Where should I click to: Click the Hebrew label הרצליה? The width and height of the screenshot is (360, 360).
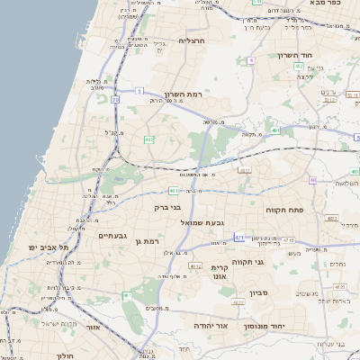(x=193, y=40)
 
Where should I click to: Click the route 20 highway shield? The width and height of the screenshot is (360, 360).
(x=115, y=100)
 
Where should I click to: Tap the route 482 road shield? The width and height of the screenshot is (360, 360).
(x=149, y=139)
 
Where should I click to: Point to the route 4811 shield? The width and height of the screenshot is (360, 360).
(x=245, y=168)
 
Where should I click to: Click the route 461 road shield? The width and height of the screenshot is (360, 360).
(x=127, y=294)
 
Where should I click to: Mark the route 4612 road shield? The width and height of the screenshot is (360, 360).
(x=195, y=266)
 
